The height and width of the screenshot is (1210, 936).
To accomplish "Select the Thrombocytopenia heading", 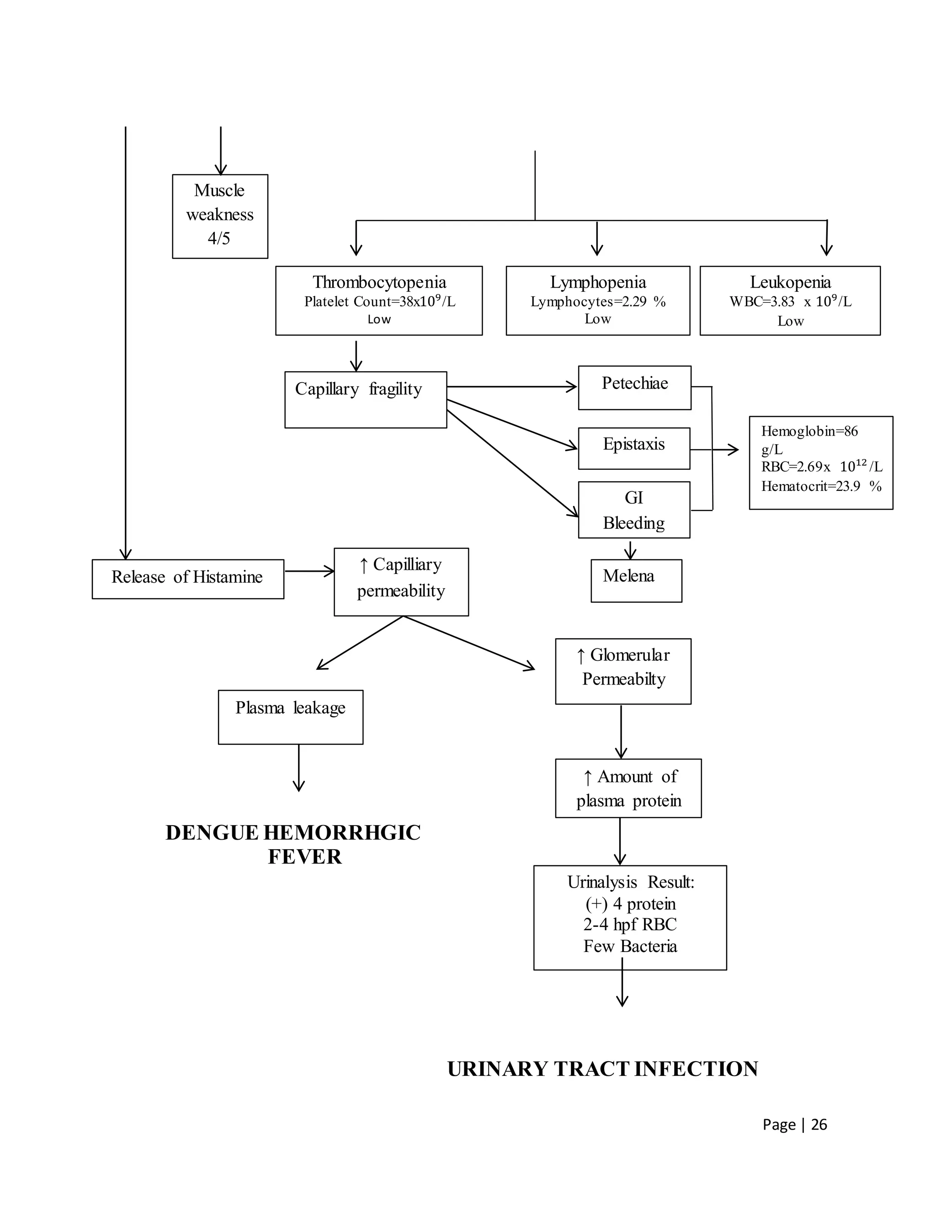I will (x=379, y=282).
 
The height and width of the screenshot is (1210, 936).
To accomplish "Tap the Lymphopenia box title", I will (x=598, y=282).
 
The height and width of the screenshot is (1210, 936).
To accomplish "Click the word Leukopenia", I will (x=790, y=282).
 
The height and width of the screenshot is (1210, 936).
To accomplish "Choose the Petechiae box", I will (x=634, y=387).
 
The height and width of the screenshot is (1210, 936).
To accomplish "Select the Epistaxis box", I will (x=634, y=448).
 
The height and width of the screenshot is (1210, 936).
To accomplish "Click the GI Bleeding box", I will (x=634, y=510).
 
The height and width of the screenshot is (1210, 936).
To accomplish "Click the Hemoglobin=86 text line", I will (x=809, y=431).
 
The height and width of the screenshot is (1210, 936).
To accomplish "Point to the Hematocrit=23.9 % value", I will (x=821, y=486).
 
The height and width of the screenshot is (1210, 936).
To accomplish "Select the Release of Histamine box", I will (x=187, y=579).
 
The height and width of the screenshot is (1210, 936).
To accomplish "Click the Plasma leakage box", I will (x=290, y=716).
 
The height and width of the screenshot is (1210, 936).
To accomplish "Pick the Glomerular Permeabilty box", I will (x=623, y=671).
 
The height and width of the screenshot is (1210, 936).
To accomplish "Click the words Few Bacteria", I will (x=630, y=946).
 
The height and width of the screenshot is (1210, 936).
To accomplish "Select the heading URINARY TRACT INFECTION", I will (x=602, y=1069).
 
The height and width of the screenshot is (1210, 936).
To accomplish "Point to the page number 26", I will (x=819, y=1125).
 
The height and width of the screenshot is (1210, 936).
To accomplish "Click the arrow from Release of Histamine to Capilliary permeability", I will (x=309, y=571).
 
